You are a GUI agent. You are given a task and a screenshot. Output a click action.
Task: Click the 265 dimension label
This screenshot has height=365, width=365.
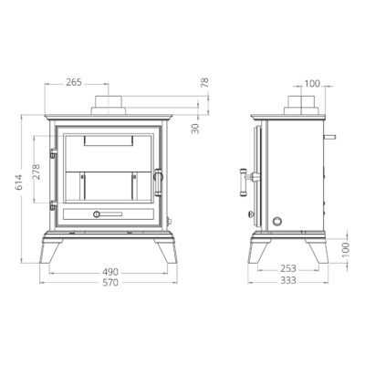tap(74, 82)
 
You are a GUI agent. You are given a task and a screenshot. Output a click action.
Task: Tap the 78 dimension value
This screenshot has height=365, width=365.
tap(205, 83)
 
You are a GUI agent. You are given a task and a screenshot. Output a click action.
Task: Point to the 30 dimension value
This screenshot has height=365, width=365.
tap(195, 129)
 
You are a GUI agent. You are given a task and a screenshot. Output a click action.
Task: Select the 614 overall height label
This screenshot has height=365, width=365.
tap(18, 182)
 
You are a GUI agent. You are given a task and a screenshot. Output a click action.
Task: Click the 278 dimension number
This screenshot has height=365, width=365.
tap(36, 172)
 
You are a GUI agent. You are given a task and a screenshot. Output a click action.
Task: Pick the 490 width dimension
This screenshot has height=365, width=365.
tap(110, 272)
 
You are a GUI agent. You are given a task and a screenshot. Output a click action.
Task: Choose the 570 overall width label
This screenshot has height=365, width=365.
tap(110, 283)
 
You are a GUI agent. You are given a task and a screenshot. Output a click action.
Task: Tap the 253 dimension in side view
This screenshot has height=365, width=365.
tap(287, 268)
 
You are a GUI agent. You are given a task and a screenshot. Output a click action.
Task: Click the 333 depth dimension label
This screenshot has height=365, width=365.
tap(287, 280)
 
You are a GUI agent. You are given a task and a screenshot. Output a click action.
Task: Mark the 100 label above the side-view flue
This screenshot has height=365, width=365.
tap(312, 83)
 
